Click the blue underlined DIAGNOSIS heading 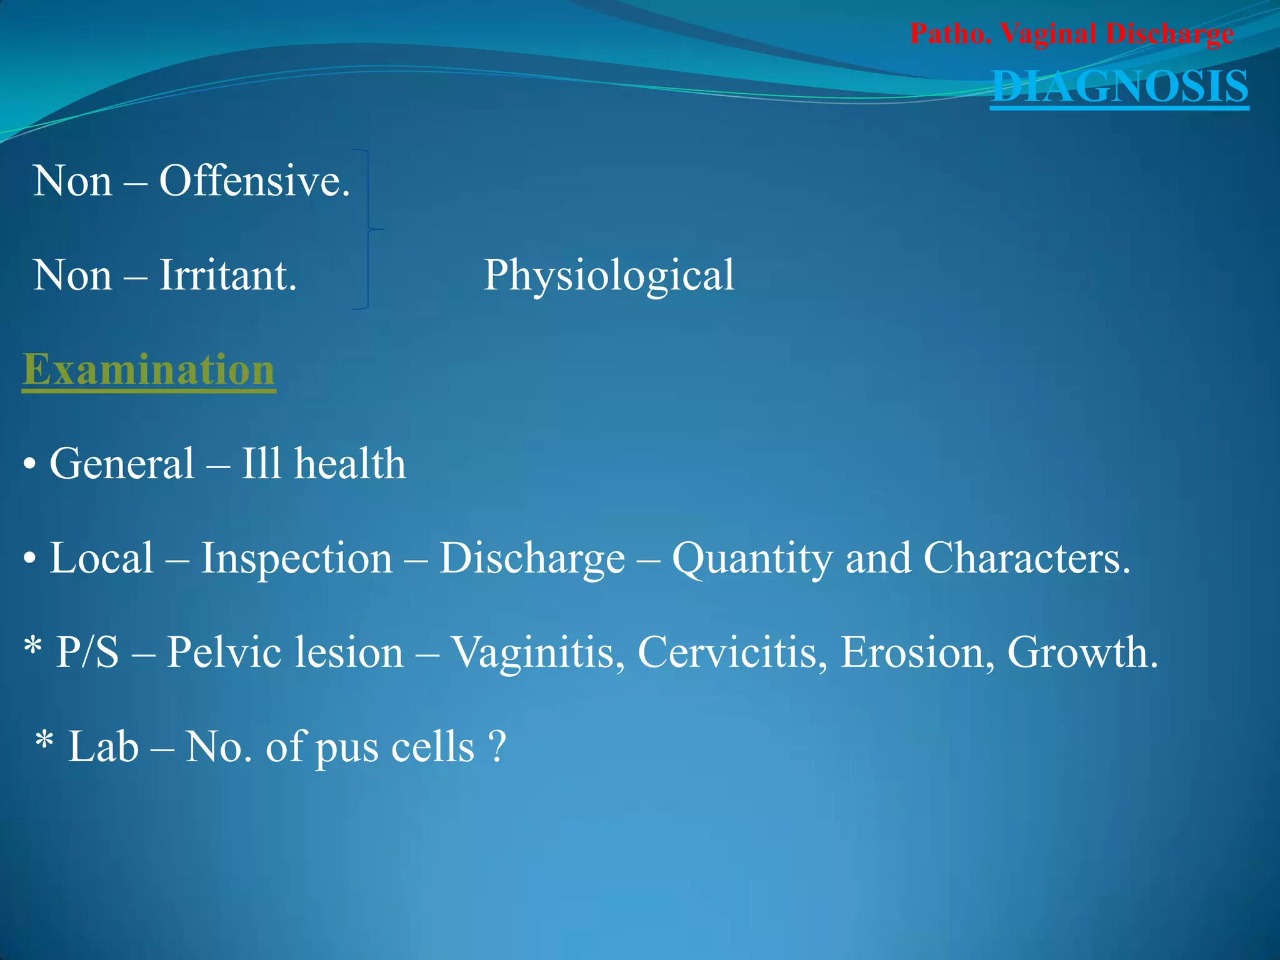tap(1119, 86)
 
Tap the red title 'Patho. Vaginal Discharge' tap(1071, 34)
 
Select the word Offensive tap(254, 181)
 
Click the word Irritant tap(227, 276)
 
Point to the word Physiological tap(609, 276)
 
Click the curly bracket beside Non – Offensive tap(369, 229)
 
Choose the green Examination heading tap(149, 370)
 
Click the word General tap(122, 464)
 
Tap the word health tap(350, 464)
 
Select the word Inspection tap(296, 558)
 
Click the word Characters tap(1027, 558)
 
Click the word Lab tap(103, 747)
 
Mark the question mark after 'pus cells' tap(497, 747)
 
